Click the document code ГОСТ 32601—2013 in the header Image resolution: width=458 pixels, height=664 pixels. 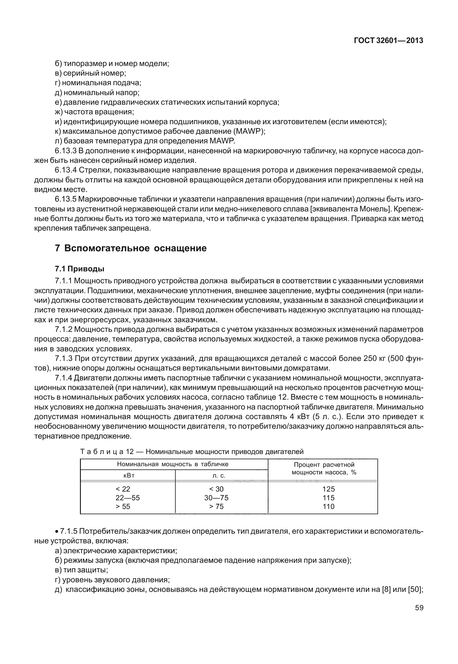click(388, 41)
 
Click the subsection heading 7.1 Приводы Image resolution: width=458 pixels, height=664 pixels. click(80, 269)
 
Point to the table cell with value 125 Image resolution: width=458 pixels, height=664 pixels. click(328, 489)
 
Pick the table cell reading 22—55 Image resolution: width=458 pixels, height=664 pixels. click(128, 498)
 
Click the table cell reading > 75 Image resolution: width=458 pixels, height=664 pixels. click(216, 506)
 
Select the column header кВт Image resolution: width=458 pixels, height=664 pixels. click(128, 476)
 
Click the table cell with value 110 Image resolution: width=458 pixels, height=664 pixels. click(328, 506)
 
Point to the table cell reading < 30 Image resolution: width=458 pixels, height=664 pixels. click(216, 489)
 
